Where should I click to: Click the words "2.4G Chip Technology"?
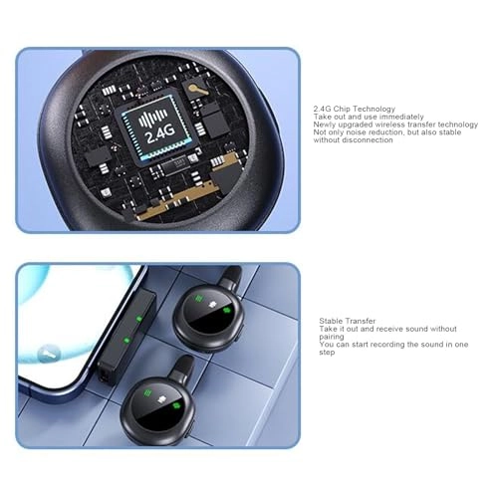tap(354, 109)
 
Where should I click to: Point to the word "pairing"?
tap(333, 337)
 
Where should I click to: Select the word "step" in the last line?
tap(327, 353)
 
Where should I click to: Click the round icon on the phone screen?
tap(47, 354)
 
